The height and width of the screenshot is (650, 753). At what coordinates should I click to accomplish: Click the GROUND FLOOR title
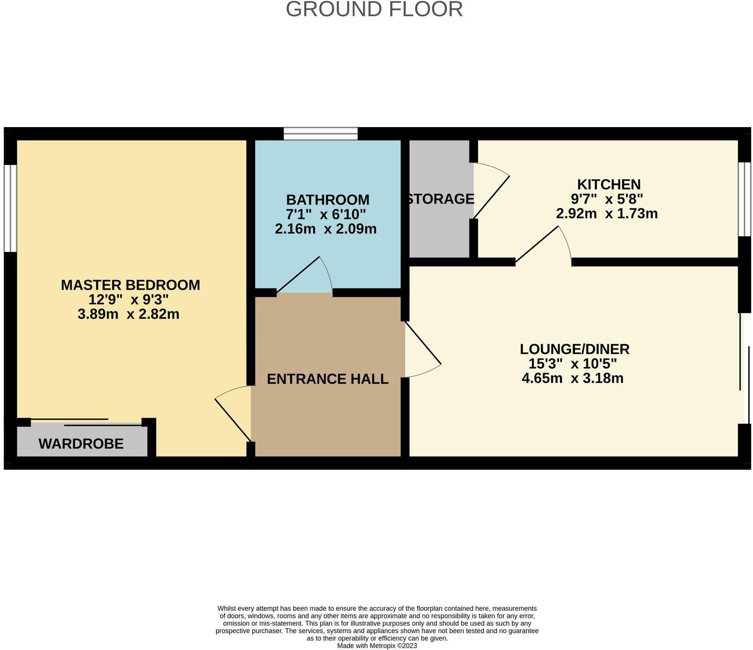pos(374,10)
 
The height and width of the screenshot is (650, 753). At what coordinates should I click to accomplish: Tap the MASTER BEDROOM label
pos(130,285)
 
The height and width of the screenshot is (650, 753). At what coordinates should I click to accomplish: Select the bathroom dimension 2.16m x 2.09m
pos(326,229)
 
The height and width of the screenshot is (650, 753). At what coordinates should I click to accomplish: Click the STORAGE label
pos(440,199)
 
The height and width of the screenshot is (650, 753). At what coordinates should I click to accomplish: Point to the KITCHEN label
pos(609,184)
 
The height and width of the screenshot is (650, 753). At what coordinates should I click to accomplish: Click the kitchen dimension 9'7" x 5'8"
pos(607,199)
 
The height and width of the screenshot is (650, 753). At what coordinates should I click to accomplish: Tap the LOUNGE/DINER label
pos(574,349)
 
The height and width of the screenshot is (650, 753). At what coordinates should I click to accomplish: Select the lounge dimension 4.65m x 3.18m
pos(573,379)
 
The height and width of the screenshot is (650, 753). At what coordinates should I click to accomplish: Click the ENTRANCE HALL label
pos(328,379)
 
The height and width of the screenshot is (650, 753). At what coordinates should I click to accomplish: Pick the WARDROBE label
pos(81,444)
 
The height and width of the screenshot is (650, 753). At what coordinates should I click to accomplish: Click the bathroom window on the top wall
pos(320,133)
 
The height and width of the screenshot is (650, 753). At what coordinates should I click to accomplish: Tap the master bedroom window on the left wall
pos(10,208)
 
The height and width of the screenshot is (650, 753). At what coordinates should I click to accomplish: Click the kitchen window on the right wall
pos(744,199)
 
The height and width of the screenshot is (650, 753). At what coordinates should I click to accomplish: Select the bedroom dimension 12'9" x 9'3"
pos(128,300)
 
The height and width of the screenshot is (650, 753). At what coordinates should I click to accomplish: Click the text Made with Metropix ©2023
pos(377,646)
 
